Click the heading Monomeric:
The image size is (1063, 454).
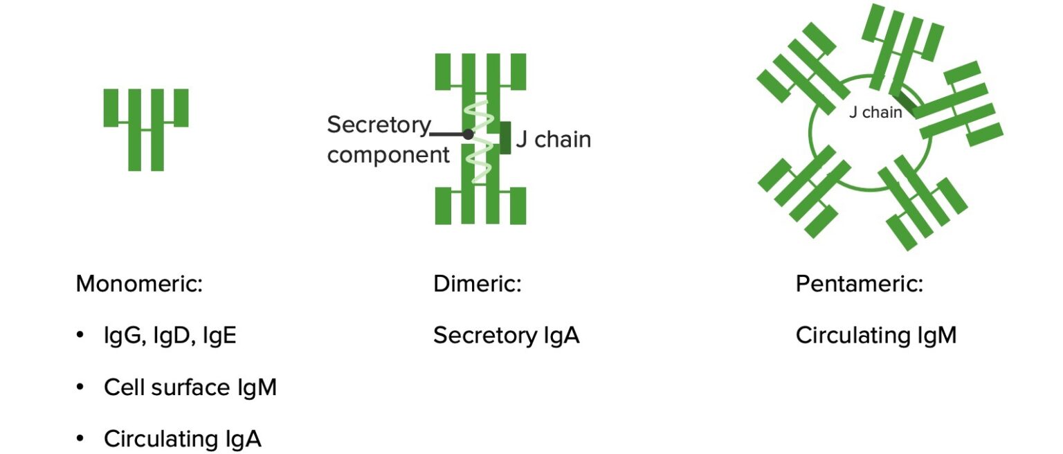point(139,284)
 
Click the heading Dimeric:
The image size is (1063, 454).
point(477,284)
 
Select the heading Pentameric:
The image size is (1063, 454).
point(859,284)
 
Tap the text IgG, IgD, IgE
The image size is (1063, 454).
point(170,336)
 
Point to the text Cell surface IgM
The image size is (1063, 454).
point(190,388)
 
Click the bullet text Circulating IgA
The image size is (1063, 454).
point(182,439)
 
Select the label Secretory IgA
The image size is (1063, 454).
point(506,336)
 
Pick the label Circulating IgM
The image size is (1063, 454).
point(875,336)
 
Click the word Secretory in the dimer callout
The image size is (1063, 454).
point(378,125)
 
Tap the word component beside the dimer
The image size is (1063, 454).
point(388,155)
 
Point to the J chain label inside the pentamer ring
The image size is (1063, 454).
point(875,113)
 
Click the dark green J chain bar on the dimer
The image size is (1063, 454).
point(506,138)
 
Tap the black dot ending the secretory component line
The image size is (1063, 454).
point(468,134)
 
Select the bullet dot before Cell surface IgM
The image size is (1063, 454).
point(80,388)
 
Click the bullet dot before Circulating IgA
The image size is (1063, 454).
point(80,439)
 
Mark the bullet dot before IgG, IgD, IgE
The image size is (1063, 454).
point(80,336)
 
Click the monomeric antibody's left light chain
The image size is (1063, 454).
point(111,107)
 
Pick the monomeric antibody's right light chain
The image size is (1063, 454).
point(181,107)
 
